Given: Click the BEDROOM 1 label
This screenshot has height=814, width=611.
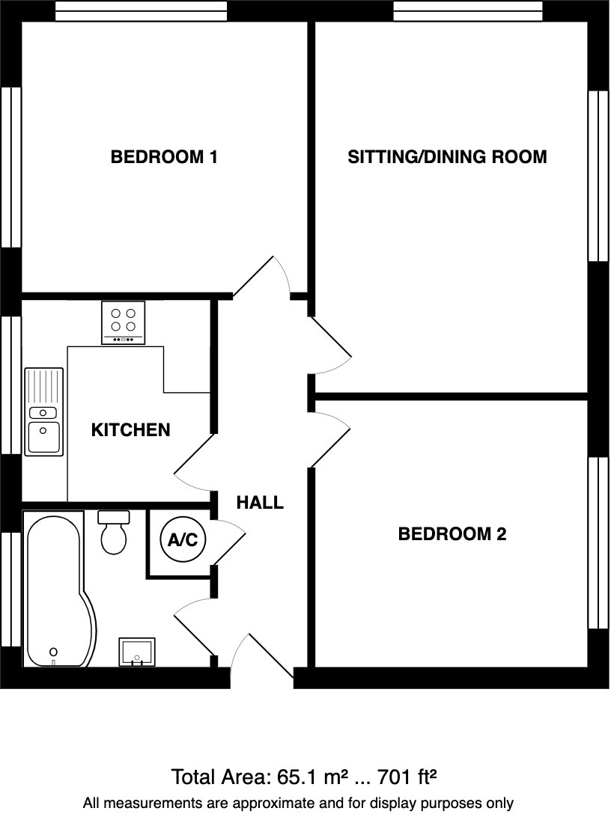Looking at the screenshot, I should point(164,157).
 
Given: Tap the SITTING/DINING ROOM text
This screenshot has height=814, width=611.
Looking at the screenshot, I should point(447,157).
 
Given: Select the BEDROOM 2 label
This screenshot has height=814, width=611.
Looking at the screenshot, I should point(452,534).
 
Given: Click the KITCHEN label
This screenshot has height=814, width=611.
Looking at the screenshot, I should point(130,430).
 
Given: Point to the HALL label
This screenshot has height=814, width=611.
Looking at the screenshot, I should point(260,503).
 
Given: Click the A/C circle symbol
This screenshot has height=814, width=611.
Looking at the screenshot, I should point(183,539).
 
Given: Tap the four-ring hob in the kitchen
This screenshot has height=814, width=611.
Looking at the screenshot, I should point(123,322).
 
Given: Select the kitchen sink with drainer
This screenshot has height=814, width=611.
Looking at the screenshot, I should point(44,412).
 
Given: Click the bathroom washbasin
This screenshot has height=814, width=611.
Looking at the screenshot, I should point(136,652).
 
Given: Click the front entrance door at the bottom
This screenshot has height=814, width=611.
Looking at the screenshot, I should point(258,656).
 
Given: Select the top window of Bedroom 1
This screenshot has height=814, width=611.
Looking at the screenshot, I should point(141,10).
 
